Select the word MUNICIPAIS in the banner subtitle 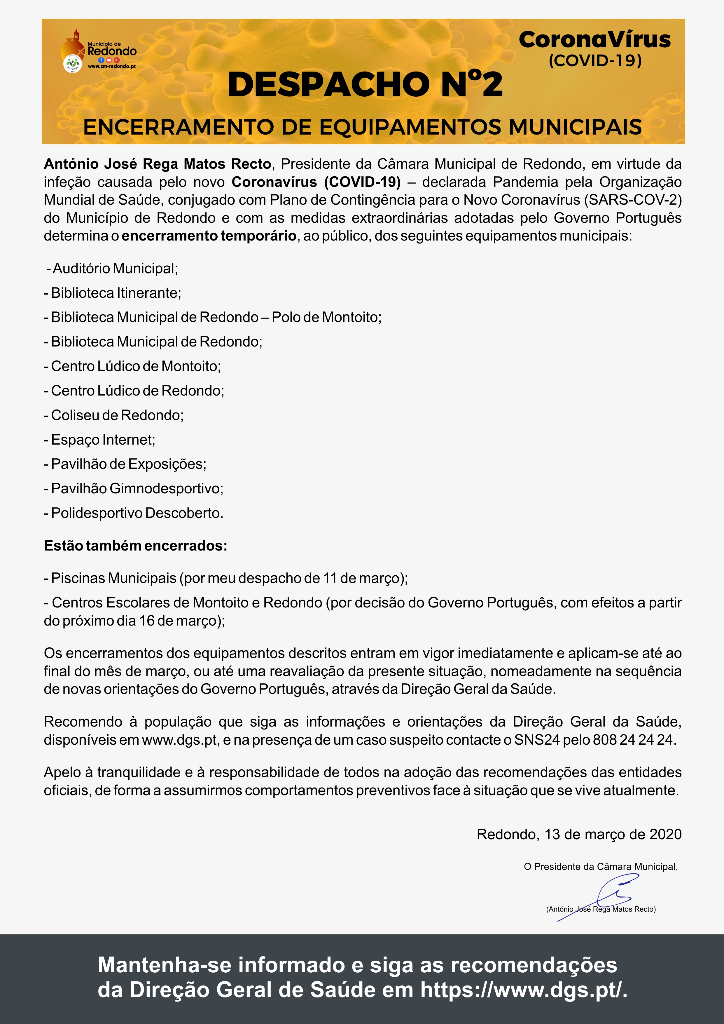pos(575,127)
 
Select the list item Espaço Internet pos(103,440)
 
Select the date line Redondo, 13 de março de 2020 pos(579,835)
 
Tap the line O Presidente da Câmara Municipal pos(601,867)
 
